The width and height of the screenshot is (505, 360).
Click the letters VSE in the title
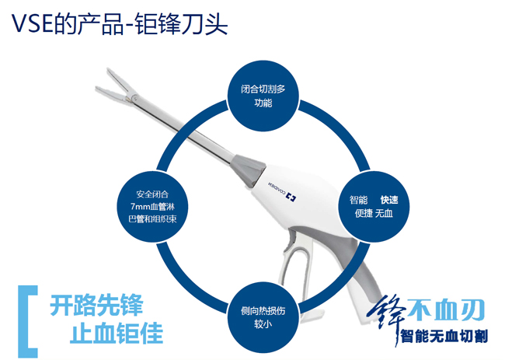(32, 23)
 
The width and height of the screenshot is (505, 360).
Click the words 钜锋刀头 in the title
(181, 23)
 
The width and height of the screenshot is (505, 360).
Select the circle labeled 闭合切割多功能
(263, 96)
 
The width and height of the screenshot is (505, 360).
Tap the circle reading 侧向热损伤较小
(263, 317)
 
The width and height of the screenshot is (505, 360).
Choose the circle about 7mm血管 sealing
(152, 207)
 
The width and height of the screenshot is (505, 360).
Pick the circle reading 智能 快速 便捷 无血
(374, 207)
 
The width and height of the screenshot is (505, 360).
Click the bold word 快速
(389, 200)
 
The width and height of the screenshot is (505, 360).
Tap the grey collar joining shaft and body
(249, 170)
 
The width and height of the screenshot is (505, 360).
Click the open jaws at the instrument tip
(117, 87)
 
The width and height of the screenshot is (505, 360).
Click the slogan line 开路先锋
(96, 305)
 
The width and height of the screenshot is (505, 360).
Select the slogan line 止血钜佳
(117, 333)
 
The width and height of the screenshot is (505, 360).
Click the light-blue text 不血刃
(446, 309)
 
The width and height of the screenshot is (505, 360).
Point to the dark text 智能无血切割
(444, 336)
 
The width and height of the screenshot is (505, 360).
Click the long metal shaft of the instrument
(183, 129)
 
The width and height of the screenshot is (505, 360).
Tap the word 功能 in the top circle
(263, 103)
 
